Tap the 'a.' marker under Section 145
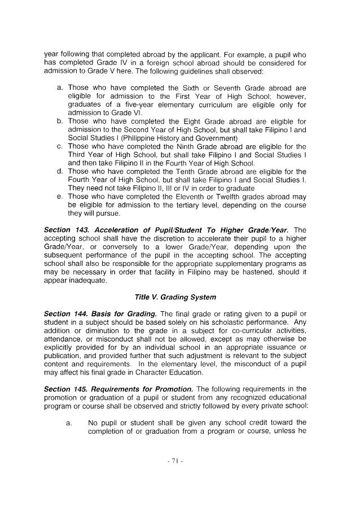[67, 422]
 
